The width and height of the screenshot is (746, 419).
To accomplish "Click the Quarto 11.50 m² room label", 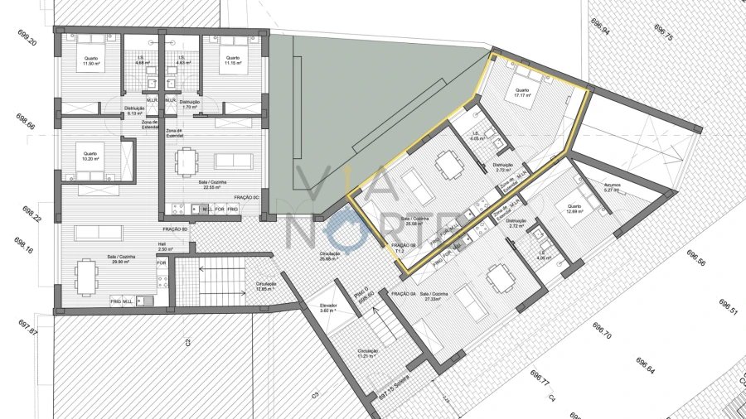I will click(90, 61).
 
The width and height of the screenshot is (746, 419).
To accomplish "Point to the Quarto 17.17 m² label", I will click(522, 93).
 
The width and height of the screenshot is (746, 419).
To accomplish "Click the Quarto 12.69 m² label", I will click(573, 209).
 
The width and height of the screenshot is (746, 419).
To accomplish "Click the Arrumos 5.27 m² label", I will click(613, 188).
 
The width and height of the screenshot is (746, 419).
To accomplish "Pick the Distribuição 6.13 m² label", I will click(135, 111).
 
